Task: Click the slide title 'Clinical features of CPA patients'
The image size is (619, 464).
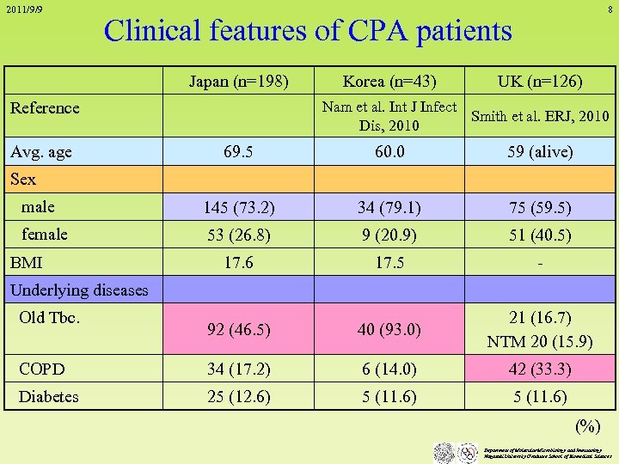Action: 307,31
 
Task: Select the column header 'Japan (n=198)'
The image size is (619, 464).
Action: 238,82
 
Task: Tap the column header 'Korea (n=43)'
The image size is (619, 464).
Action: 389,82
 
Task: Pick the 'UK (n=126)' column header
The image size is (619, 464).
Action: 540,82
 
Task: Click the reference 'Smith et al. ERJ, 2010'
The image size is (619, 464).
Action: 540,116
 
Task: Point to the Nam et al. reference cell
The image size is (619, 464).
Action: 389,116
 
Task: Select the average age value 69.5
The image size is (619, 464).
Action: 238,153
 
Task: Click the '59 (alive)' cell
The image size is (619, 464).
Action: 540,153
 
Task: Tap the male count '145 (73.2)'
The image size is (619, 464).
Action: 238,208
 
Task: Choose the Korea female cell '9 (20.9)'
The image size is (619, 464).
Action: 389,235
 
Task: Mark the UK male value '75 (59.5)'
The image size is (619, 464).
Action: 540,208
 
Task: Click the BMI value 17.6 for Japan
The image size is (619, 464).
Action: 238,263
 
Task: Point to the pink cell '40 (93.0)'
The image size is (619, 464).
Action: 389,329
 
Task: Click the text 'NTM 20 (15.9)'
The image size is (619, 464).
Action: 540,341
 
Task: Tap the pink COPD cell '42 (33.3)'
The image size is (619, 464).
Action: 540,369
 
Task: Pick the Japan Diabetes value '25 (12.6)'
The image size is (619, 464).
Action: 238,397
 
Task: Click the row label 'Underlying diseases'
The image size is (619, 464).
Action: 79,290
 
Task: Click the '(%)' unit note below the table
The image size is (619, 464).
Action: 587,426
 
